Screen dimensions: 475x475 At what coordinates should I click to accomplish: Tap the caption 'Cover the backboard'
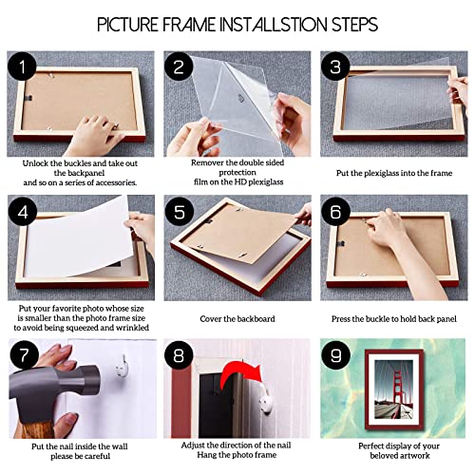237,320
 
